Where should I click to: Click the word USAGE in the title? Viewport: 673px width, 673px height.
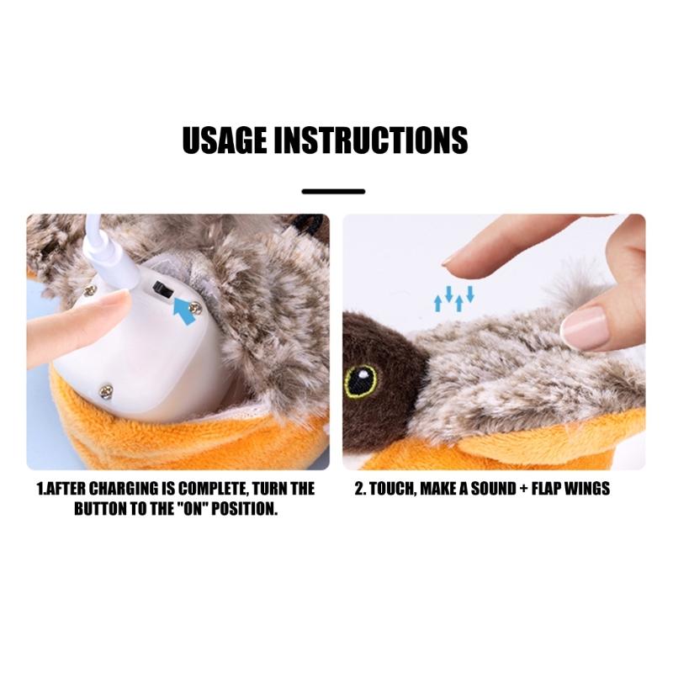225,140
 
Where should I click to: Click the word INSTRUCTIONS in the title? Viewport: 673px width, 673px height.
371,140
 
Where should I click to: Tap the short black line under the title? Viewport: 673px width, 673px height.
333,192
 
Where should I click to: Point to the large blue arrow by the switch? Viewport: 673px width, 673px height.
183,310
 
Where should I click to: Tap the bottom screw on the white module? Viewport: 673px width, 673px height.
106,390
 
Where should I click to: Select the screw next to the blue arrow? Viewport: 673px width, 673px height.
196,307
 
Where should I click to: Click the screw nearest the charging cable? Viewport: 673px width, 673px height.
90,290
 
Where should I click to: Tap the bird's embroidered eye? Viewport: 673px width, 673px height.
361,380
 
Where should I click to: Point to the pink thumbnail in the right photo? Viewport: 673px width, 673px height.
584,327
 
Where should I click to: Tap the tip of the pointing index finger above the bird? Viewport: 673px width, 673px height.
446,261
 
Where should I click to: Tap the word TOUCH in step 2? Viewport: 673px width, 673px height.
393,490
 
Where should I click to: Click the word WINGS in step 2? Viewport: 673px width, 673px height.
587,489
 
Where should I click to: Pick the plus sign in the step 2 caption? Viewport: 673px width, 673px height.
524,490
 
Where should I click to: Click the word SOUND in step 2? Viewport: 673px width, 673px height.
493,489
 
